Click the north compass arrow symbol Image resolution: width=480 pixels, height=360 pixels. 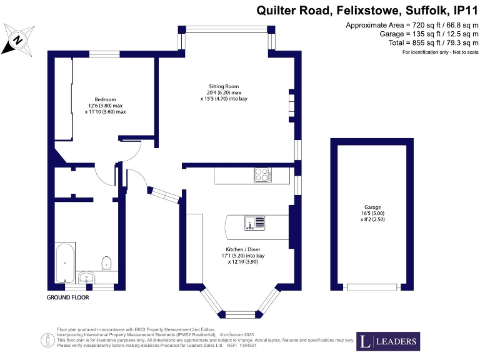(17, 39)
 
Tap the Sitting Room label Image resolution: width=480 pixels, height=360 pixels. (224, 86)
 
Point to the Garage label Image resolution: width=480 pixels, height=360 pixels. (372, 207)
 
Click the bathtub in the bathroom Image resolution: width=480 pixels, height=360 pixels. (65, 262)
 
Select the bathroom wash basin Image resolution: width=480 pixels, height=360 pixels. (87, 276)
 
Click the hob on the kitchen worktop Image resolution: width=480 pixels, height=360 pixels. (262, 176)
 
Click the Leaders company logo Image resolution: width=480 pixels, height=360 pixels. (387, 341)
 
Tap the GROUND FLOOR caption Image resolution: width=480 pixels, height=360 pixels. (68, 297)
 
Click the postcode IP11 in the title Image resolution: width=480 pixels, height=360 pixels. (462, 11)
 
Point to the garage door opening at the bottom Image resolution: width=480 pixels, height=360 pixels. (372, 287)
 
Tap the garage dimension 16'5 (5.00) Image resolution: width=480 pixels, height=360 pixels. (372, 214)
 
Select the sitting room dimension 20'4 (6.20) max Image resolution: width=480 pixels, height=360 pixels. (224, 92)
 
